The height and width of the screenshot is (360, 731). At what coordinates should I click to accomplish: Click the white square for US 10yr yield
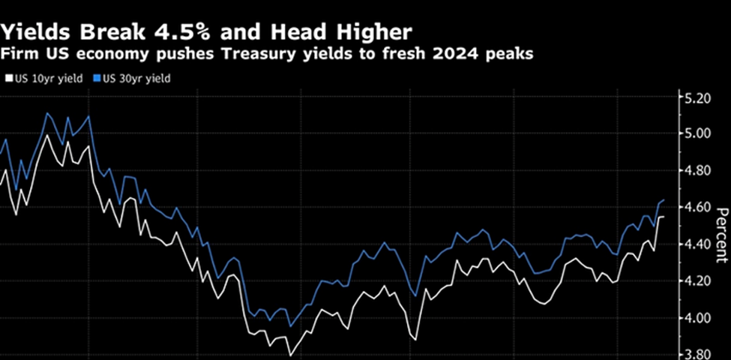click(9, 76)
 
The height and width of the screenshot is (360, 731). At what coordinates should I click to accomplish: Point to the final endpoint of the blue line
click(664, 200)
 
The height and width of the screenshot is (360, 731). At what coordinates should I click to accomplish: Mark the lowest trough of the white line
click(289, 354)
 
